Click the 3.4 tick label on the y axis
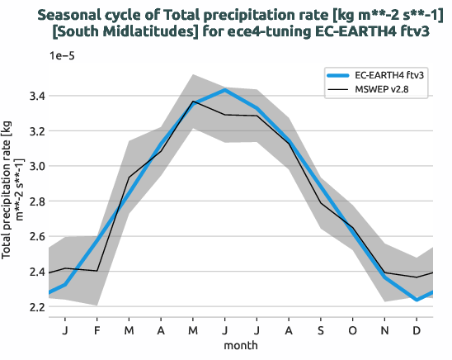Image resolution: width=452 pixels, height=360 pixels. click(x=35, y=97)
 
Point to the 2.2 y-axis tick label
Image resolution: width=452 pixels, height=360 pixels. click(x=35, y=307)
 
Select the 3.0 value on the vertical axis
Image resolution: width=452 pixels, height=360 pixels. click(x=35, y=167)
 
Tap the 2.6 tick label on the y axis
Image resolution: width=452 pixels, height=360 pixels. click(x=35, y=237)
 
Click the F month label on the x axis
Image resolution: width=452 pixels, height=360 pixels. click(x=97, y=329)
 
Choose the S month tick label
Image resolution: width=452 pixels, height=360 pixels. click(x=321, y=329)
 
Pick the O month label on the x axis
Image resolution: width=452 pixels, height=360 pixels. click(x=353, y=329)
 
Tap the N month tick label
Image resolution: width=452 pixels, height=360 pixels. click(x=385, y=329)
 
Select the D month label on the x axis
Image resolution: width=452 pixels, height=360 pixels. click(x=417, y=329)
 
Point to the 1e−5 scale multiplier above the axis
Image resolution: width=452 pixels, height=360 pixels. click(x=64, y=54)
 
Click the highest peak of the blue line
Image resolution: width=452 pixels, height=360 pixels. click(x=225, y=90)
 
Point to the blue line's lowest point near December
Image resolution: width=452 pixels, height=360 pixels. click(x=417, y=300)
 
